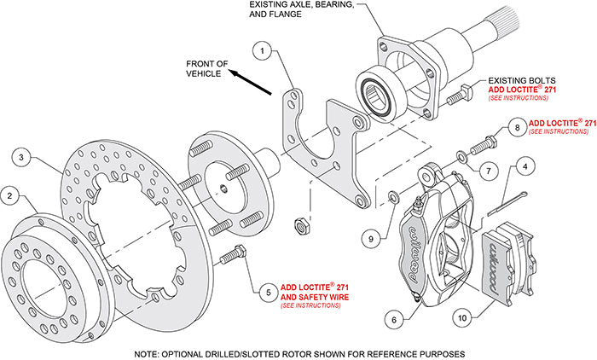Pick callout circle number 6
pos(393,319)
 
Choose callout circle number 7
pos(487,171)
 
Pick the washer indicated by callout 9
pos(391,199)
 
